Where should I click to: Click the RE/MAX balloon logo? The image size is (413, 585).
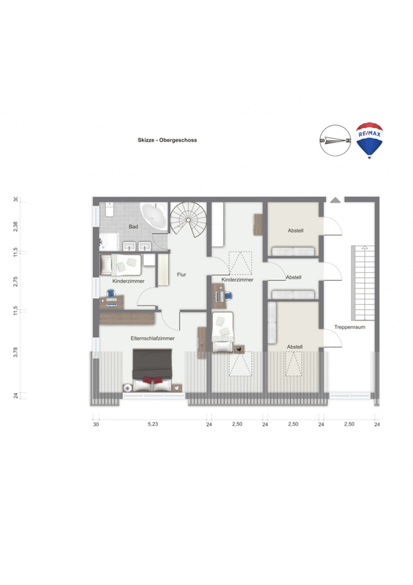(369, 140)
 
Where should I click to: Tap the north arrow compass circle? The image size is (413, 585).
(335, 140)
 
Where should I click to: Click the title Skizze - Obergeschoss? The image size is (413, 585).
(167, 140)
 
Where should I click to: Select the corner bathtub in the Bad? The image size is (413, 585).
(154, 216)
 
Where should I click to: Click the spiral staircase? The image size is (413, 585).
(189, 220)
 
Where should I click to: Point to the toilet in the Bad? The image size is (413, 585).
(110, 209)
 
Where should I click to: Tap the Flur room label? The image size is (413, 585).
(182, 275)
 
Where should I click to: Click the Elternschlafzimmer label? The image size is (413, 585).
(153, 339)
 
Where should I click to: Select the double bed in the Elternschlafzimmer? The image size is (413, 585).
(152, 370)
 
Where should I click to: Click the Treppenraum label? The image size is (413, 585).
(349, 327)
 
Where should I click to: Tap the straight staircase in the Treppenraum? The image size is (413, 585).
(363, 283)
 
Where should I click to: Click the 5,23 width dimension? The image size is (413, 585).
(153, 424)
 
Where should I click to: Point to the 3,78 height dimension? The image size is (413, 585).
(15, 352)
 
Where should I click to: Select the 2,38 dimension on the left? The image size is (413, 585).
(15, 227)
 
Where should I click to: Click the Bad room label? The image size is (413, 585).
(134, 227)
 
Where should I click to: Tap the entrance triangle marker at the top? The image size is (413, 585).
(336, 200)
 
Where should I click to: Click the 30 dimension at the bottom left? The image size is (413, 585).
(96, 424)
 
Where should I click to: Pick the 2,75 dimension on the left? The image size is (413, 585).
(15, 282)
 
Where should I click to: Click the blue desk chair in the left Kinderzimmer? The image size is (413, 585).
(111, 294)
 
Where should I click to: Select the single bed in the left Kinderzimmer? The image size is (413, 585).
(121, 265)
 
